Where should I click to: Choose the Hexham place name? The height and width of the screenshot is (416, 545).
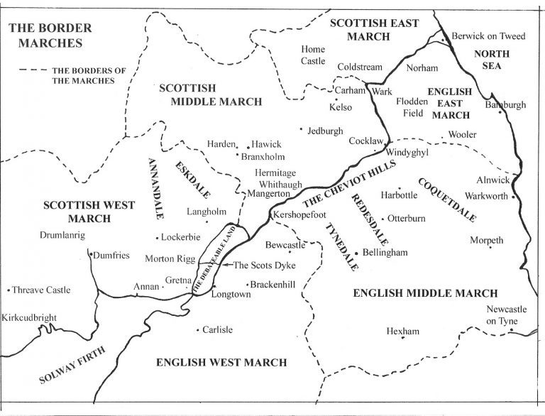403,331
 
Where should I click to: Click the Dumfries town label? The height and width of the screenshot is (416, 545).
111,256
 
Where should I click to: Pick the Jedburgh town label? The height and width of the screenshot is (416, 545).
327,131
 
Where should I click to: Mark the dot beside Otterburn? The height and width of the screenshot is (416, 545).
382,219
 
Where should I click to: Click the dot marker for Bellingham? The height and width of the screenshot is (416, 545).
356,252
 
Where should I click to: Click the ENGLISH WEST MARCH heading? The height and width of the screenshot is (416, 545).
221,362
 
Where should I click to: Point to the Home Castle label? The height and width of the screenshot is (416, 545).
312,55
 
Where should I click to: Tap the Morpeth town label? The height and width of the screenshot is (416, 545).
486,241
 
